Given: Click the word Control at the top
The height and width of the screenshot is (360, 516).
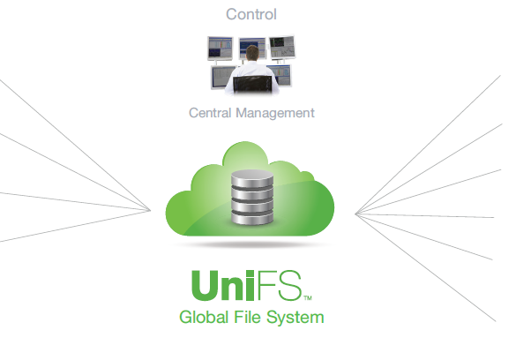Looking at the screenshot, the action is (251, 14).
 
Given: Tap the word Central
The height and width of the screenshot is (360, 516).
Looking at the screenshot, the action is (210, 113).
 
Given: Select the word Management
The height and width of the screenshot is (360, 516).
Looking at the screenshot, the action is (275, 114).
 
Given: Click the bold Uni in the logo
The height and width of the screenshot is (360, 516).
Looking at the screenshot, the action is (223, 285).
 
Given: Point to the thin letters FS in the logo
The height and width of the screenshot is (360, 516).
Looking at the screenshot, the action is (280, 285).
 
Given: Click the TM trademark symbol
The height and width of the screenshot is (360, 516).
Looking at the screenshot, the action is (308, 298).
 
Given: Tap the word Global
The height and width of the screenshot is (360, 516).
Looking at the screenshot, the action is (204, 318).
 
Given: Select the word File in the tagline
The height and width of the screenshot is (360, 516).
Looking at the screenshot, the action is (247, 317).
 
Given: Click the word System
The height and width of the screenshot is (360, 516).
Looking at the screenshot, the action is (295, 318).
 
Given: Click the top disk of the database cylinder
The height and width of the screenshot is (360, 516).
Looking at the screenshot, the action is (252, 178).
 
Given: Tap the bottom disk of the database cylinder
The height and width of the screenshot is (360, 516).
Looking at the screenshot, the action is (252, 218).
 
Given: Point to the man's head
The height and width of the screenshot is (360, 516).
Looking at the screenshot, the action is (252, 53).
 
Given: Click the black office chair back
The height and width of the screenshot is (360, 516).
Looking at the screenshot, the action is (252, 84).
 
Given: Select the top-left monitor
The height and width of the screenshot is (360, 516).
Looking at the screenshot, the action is (221, 49).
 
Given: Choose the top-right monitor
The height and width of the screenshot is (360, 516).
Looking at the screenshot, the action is (282, 47).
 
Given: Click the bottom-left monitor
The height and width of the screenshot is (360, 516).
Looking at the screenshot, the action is (222, 78).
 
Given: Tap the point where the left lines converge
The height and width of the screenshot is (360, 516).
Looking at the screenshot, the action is (151, 210).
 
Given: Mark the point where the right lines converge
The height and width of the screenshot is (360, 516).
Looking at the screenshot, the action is (355, 214).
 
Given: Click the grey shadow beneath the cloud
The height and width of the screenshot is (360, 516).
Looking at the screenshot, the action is (251, 244).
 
